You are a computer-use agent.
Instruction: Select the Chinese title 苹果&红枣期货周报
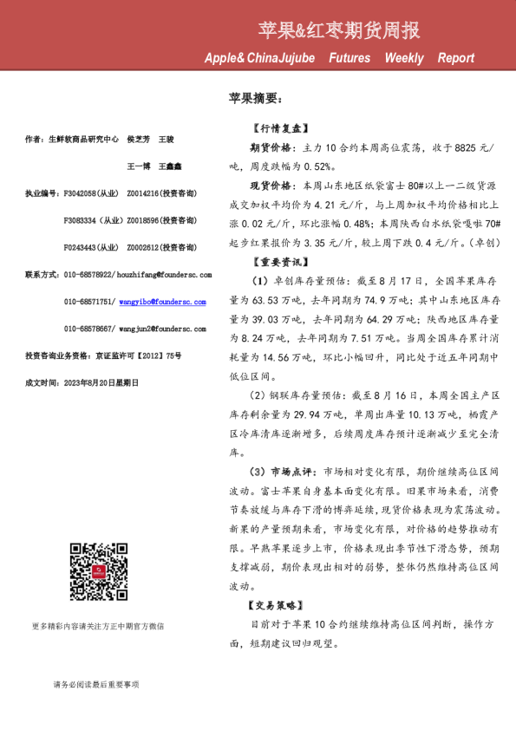click(339, 31)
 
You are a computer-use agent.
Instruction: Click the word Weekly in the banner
click(404, 58)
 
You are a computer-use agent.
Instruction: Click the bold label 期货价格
click(272, 148)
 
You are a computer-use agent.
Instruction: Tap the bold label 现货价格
click(272, 186)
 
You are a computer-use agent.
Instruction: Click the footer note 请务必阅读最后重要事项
click(95, 685)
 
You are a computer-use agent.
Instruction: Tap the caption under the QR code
click(97, 626)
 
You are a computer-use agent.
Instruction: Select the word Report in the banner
click(456, 58)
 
